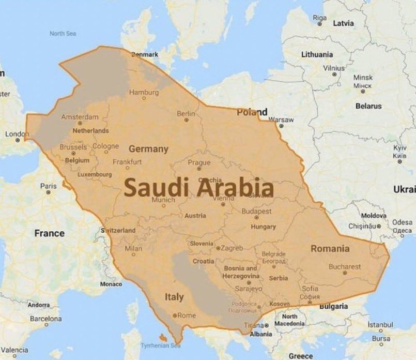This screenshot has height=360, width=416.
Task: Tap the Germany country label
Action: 148,149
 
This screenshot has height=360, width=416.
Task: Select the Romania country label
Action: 330,249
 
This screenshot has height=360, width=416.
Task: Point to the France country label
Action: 50,233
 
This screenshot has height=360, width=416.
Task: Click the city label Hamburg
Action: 144,93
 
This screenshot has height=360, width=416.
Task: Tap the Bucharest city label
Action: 345,267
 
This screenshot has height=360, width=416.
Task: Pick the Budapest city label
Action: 256,212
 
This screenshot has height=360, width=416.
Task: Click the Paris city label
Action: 48,186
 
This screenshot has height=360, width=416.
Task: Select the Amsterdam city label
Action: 80,117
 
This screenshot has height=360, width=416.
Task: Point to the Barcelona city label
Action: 45,319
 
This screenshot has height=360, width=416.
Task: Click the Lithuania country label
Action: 317,54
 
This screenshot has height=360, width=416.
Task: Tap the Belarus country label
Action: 368,106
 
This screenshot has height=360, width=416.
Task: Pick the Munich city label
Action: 164,200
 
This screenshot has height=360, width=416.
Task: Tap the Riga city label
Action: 320,18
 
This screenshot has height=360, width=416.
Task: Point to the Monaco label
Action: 111,284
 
